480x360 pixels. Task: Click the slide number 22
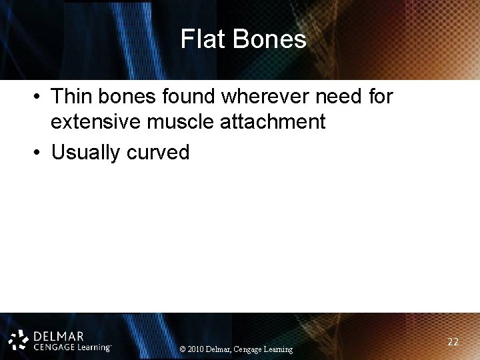pyautogui.click(x=453, y=341)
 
